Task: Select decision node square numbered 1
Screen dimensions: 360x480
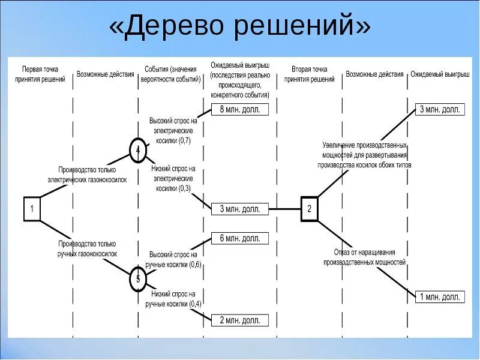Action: (32, 209)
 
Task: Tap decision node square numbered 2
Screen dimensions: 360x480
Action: (309, 209)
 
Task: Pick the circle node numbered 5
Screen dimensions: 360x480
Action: (138, 279)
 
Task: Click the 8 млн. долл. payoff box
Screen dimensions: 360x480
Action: (239, 109)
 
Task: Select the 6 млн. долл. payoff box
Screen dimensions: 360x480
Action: (239, 238)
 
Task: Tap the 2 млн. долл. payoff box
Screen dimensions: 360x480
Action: (239, 320)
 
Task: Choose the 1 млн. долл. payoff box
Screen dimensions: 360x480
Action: (440, 296)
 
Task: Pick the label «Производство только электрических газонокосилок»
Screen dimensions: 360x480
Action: (88, 175)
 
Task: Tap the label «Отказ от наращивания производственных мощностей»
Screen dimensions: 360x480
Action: (365, 257)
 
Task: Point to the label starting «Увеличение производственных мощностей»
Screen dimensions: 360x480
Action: (365, 155)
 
